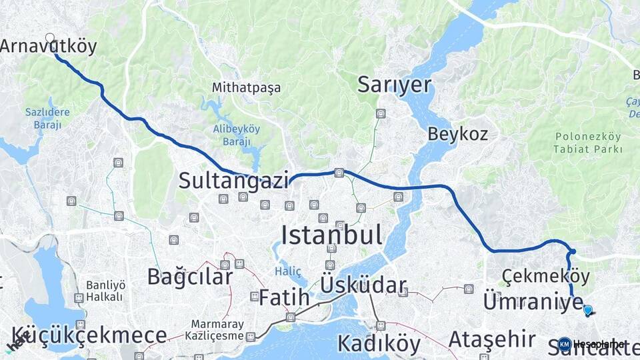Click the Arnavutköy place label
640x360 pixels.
pyautogui.click(x=49, y=47)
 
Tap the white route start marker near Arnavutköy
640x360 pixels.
pyautogui.click(x=50, y=38)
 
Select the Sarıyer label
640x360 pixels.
pyautogui.click(x=395, y=85)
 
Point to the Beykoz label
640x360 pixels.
pyautogui.click(x=457, y=133)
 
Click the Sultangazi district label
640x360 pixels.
pyautogui.click(x=233, y=180)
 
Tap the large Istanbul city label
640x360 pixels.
pyautogui.click(x=331, y=235)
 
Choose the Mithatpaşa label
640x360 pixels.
pyautogui.click(x=247, y=87)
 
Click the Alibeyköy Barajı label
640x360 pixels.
pyautogui.click(x=236, y=135)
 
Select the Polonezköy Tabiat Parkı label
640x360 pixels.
pyautogui.click(x=588, y=143)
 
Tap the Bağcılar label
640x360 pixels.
pyautogui.click(x=190, y=277)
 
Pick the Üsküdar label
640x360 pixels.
pyautogui.click(x=363, y=285)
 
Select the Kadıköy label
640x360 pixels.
pyautogui.click(x=379, y=343)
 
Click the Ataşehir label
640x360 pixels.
pyautogui.click(x=492, y=339)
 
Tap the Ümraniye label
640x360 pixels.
pyautogui.click(x=533, y=301)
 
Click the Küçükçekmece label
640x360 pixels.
pyautogui.click(x=89, y=335)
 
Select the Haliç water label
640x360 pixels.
pyautogui.click(x=288, y=271)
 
